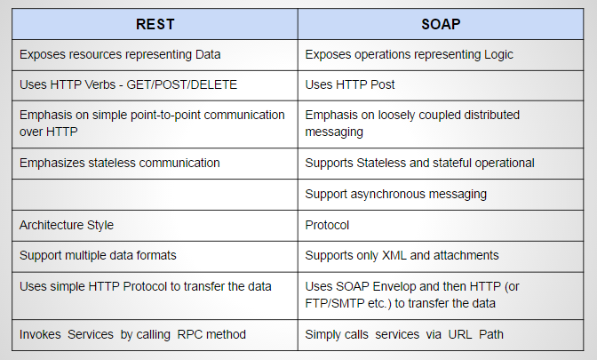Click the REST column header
click(155, 24)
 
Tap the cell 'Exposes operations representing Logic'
click(410, 55)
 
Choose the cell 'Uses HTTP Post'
click(350, 84)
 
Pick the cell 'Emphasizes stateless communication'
click(120, 163)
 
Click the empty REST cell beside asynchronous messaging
click(155, 193)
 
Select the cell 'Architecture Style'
click(67, 224)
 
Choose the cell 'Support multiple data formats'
click(98, 255)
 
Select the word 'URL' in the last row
click(461, 333)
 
